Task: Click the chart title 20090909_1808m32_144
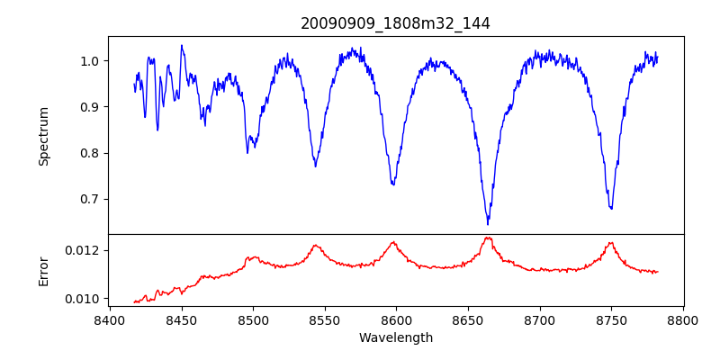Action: (x=395, y=23)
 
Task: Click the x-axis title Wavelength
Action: (x=395, y=337)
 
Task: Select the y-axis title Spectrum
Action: (x=44, y=136)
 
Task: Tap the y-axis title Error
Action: (x=44, y=271)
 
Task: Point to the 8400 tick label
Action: (x=110, y=319)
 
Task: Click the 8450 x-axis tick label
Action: (x=181, y=319)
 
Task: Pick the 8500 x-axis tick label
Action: (x=253, y=319)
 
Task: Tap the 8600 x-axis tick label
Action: (x=396, y=319)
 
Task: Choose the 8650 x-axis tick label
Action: (x=468, y=319)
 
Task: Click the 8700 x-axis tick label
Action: (x=540, y=319)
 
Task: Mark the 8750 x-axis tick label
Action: (x=611, y=319)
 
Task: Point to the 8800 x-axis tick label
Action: (x=683, y=319)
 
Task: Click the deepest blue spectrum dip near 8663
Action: (x=488, y=222)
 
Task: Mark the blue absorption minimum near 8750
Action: (x=611, y=209)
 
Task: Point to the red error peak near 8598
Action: (x=393, y=242)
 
